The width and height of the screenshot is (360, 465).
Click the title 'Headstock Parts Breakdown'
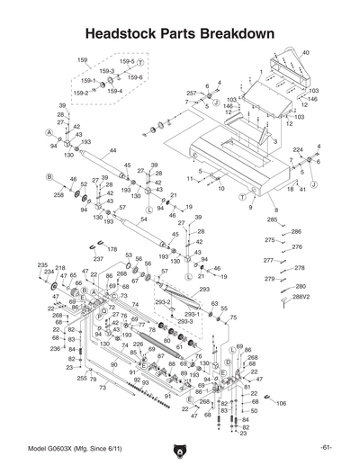click(x=179, y=33)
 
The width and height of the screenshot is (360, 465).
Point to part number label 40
click(x=306, y=53)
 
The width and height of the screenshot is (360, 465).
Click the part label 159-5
click(x=127, y=61)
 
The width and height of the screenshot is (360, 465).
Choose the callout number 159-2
click(x=80, y=92)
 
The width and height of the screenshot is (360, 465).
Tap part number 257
click(x=192, y=93)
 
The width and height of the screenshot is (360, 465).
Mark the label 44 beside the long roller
click(x=113, y=150)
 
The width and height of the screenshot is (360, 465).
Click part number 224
click(x=297, y=149)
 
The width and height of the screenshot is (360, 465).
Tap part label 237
click(x=98, y=259)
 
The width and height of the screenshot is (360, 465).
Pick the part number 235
click(x=42, y=264)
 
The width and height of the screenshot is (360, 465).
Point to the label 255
click(x=81, y=379)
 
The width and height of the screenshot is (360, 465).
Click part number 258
click(x=58, y=193)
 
